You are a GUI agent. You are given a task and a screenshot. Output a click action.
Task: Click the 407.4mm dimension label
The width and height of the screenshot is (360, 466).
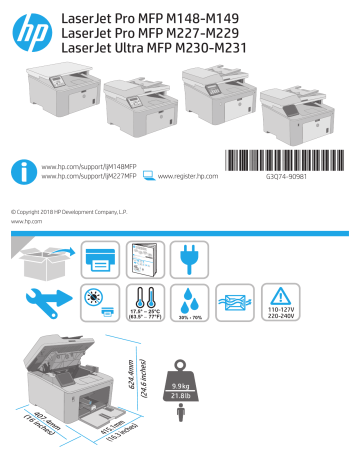click(x=39, y=425)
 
